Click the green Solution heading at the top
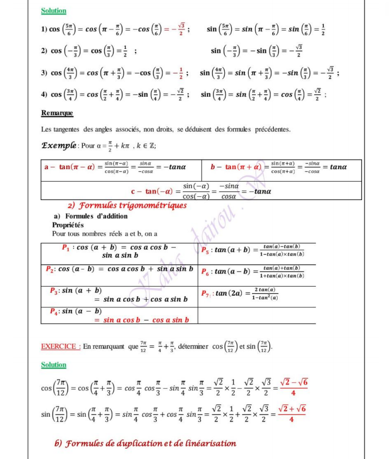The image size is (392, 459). (53, 11)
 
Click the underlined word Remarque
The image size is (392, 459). (57, 113)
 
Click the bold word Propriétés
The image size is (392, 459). (68, 225)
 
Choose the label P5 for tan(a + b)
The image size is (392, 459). (207, 250)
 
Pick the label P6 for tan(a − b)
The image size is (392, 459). (207, 271)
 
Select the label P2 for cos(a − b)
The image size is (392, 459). (50, 269)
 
